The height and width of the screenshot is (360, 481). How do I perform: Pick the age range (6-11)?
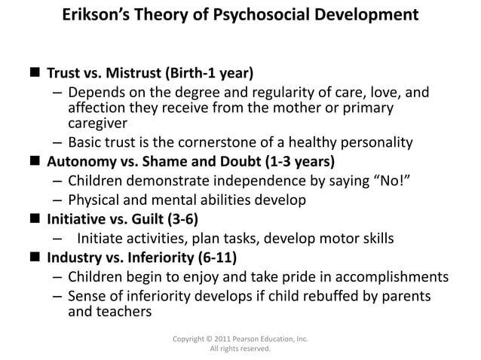(x=215, y=259)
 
